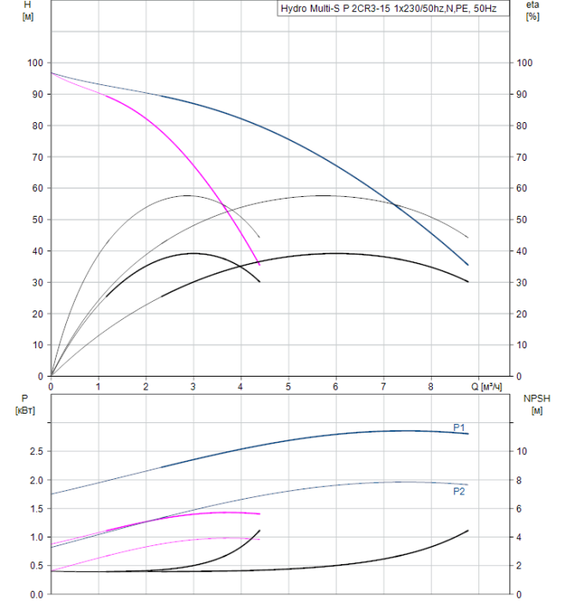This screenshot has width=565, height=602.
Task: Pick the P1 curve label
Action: [x=459, y=427]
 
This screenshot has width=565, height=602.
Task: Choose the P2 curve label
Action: [x=459, y=491]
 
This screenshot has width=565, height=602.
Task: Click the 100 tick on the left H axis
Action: [x=34, y=64]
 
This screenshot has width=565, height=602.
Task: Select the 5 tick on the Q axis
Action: [x=289, y=387]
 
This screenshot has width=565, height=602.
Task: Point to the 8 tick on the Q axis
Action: [x=431, y=387]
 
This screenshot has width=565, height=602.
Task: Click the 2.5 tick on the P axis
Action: [x=35, y=451]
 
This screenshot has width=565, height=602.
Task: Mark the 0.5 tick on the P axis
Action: [x=35, y=566]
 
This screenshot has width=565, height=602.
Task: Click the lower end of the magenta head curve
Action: [x=259, y=264]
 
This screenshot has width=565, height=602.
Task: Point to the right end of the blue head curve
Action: [x=468, y=264]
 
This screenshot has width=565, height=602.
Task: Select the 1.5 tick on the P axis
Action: [x=35, y=508]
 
